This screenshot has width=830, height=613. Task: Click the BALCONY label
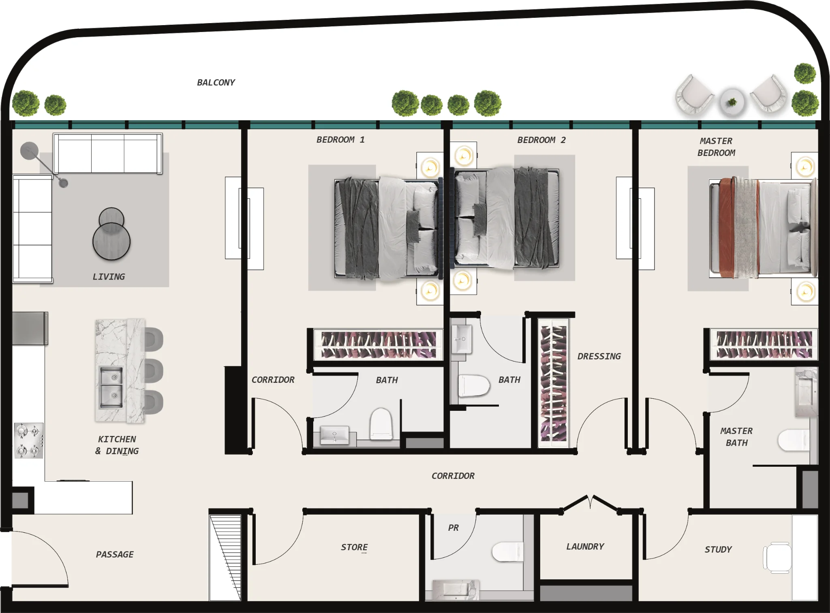point(216,83)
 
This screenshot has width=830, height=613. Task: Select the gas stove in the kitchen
point(29,440)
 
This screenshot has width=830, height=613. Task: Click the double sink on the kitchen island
point(111,387)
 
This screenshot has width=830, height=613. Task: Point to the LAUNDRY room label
point(585,547)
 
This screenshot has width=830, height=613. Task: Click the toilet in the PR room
point(507,551)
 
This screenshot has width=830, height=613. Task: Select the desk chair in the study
point(777,557)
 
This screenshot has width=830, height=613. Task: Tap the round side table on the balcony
point(732,102)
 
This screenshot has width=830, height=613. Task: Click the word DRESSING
point(599,357)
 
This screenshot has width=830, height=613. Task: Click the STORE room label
point(354,547)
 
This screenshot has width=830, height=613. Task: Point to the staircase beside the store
point(225,557)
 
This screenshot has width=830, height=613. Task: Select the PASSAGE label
point(115,555)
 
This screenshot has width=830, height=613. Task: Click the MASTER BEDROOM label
point(716,147)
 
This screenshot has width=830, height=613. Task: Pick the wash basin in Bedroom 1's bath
point(334,435)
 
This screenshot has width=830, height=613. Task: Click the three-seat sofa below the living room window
point(108,154)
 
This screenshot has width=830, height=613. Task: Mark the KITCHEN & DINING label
point(117,445)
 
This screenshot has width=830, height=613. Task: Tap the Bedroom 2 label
point(541,140)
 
